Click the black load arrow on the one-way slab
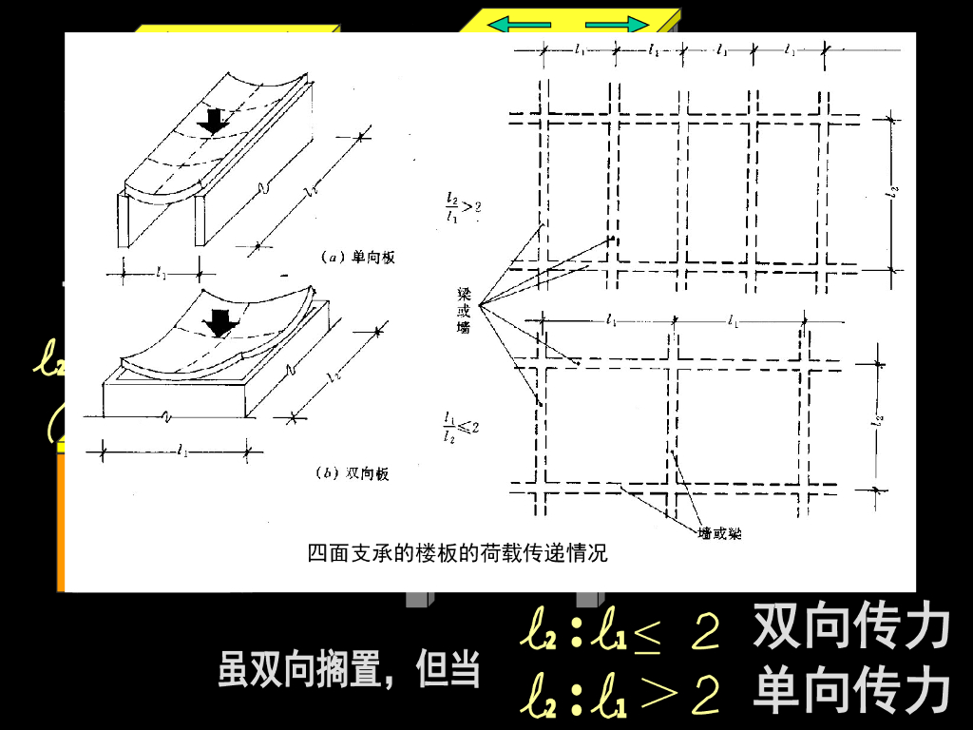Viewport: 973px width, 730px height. tap(215, 121)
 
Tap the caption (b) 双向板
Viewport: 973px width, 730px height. tap(353, 473)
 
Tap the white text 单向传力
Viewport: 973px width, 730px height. tap(851, 692)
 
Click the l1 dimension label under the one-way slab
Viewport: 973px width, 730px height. tap(162, 273)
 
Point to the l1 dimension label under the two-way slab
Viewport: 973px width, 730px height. tap(181, 451)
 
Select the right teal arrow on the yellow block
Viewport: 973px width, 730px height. tap(617, 24)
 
